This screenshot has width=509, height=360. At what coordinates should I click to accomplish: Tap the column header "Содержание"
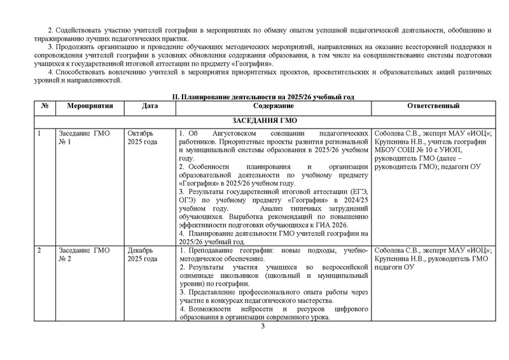(x=274, y=106)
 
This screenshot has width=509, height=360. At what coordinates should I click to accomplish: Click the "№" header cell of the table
(x=45, y=106)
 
